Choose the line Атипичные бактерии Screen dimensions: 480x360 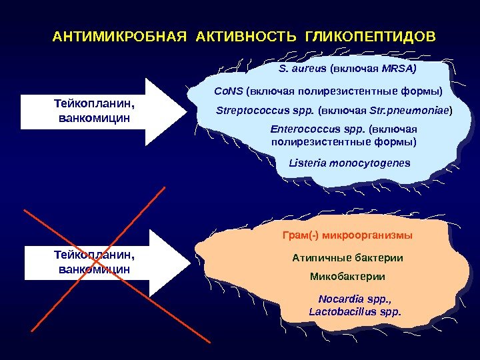(x=348, y=257)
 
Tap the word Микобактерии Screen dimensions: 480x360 (x=348, y=276)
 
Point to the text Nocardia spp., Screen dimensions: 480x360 (x=355, y=299)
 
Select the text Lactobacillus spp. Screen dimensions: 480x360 (x=355, y=311)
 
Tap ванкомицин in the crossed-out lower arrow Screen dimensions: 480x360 (x=94, y=269)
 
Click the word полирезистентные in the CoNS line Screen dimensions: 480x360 (x=321, y=90)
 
